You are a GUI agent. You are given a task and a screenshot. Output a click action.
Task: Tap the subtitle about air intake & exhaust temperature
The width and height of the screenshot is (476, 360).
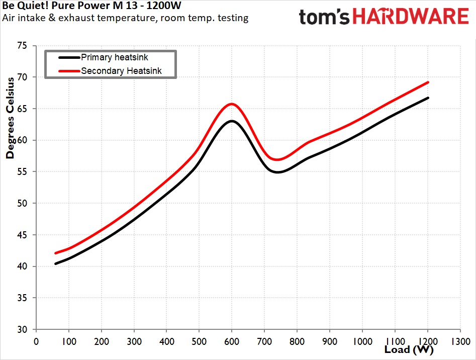click(125, 19)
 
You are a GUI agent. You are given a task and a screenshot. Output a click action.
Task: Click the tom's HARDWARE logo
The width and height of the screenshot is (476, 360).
click(384, 17)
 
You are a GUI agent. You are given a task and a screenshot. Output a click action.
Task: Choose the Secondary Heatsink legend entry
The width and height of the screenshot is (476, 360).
click(121, 71)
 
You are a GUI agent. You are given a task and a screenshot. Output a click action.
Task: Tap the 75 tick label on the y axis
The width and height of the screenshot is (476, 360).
click(22, 46)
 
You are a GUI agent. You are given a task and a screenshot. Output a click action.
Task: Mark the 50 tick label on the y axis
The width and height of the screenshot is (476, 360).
click(22, 204)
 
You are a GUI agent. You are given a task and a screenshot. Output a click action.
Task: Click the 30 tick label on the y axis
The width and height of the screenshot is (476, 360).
click(22, 330)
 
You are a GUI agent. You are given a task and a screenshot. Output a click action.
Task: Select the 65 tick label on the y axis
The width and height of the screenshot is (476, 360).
click(22, 109)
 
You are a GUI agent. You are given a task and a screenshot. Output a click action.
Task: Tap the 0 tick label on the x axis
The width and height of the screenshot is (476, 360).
click(36, 341)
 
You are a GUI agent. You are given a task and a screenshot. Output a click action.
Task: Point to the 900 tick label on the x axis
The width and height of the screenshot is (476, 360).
click(330, 341)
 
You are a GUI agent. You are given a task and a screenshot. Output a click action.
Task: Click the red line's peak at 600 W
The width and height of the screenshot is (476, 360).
click(232, 104)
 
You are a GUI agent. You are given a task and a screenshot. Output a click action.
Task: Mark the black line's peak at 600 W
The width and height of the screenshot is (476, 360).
click(232, 121)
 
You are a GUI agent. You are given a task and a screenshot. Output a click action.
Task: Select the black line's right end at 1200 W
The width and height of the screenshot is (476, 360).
click(428, 98)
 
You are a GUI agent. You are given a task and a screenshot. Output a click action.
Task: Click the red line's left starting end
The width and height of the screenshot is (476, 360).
click(56, 253)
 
